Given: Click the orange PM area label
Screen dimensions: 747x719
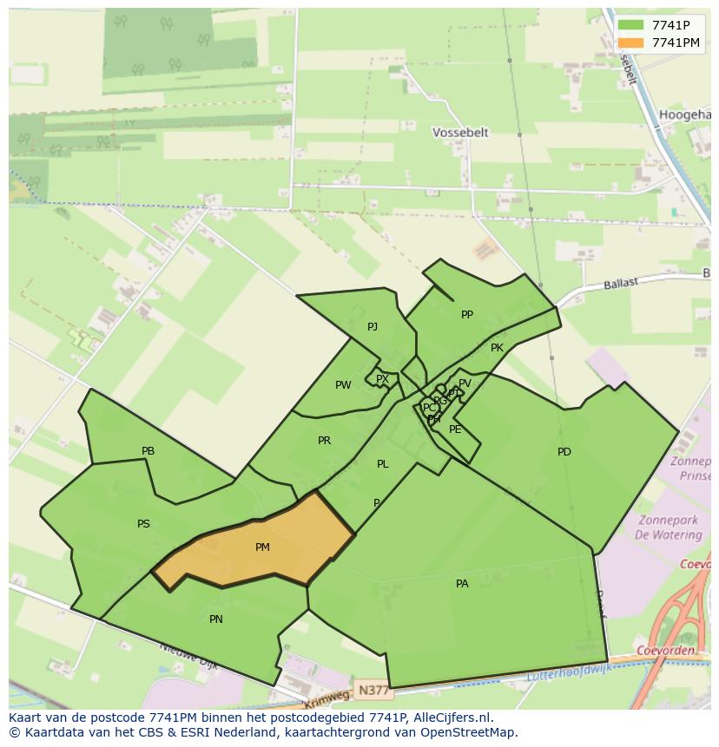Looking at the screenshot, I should (262, 547).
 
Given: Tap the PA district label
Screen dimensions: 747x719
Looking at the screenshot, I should (462, 584).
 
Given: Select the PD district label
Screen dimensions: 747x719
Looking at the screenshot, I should (564, 452).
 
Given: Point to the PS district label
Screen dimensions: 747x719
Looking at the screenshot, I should (143, 524).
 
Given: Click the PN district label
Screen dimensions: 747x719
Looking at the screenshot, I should (216, 619).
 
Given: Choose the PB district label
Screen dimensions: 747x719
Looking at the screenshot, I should (148, 451).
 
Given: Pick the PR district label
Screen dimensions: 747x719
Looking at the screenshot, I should (324, 441).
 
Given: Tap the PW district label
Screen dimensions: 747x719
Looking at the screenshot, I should (343, 385).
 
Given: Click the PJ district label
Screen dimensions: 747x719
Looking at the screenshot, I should (373, 327).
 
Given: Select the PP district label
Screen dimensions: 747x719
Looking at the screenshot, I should (467, 315).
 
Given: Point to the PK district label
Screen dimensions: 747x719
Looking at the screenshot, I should (497, 348).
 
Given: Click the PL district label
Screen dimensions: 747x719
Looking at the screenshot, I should (382, 464).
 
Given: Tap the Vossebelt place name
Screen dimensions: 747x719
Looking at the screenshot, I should (460, 133).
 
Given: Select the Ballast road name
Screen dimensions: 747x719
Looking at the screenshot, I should (621, 283).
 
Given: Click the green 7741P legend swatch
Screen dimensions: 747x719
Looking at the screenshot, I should (630, 24).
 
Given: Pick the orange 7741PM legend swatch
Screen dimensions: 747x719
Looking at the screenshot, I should (630, 43).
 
